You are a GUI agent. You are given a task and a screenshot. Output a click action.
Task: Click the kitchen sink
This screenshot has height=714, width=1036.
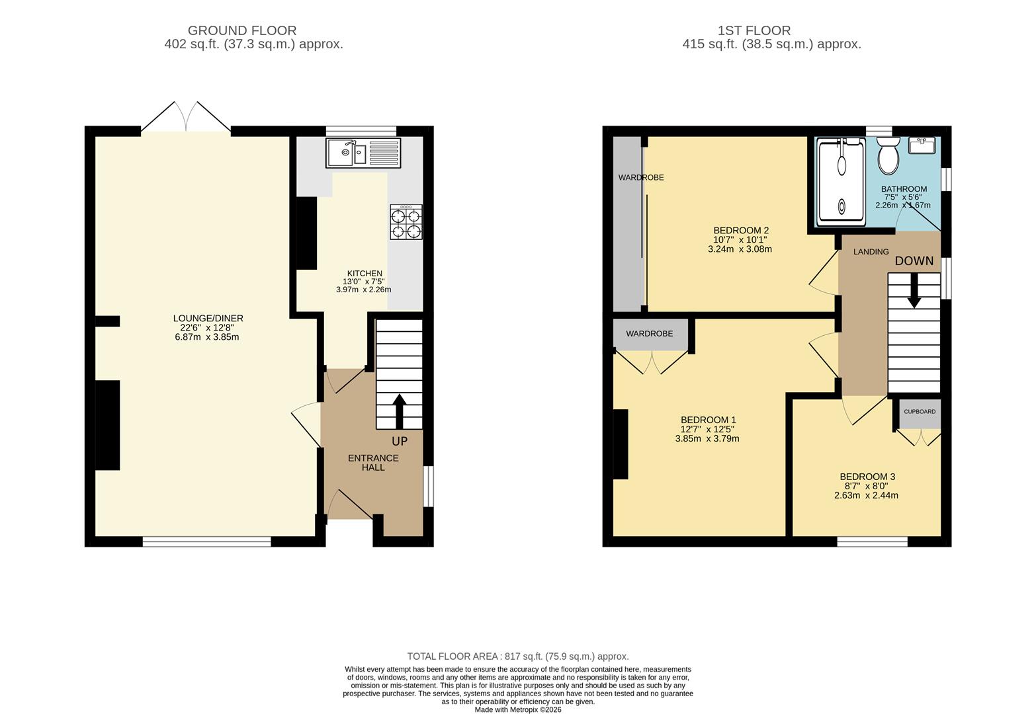pos(363,153)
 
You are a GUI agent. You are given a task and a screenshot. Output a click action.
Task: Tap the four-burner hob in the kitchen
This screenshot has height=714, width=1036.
pos(406,222)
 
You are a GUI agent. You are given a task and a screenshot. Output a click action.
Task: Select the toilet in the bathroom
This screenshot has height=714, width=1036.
pos(888,155)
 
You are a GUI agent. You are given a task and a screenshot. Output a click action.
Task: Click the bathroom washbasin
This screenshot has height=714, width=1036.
pos(922,145)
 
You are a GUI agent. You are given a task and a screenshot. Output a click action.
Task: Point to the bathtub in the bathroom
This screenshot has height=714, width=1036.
pos(841,182)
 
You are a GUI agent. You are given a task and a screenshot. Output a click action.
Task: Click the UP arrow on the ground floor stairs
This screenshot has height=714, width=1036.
pos(400,411)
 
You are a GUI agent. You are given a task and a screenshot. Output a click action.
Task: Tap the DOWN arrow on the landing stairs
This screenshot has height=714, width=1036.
pos(914,290)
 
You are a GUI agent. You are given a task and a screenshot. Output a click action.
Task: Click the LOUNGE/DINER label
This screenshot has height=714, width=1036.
pos(208,318)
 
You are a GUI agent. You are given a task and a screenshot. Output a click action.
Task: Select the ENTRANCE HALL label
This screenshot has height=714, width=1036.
pos(373,463)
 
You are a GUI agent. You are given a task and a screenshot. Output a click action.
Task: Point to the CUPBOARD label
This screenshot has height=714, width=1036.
pos(920,411)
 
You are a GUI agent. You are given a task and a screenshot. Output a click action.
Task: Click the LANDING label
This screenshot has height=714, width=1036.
pos(871,251)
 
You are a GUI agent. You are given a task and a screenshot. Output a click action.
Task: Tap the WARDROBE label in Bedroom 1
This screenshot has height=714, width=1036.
pos(650,333)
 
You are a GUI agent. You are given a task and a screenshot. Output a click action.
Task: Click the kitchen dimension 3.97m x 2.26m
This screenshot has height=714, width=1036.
pos(363,290)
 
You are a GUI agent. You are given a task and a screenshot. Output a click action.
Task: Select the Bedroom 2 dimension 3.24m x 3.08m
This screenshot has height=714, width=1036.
pos(740,249)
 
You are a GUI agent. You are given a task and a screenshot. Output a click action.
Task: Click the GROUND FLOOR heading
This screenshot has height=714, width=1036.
pos(242,30)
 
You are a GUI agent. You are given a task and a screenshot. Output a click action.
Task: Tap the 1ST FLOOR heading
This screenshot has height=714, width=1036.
pos(754,30)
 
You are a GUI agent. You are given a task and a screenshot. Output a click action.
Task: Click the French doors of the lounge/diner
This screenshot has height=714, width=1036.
pos(186,116)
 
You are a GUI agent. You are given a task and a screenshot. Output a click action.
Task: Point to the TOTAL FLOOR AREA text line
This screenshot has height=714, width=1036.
pos(518,656)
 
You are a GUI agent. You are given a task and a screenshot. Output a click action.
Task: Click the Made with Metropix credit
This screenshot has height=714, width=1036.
pos(518,709)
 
